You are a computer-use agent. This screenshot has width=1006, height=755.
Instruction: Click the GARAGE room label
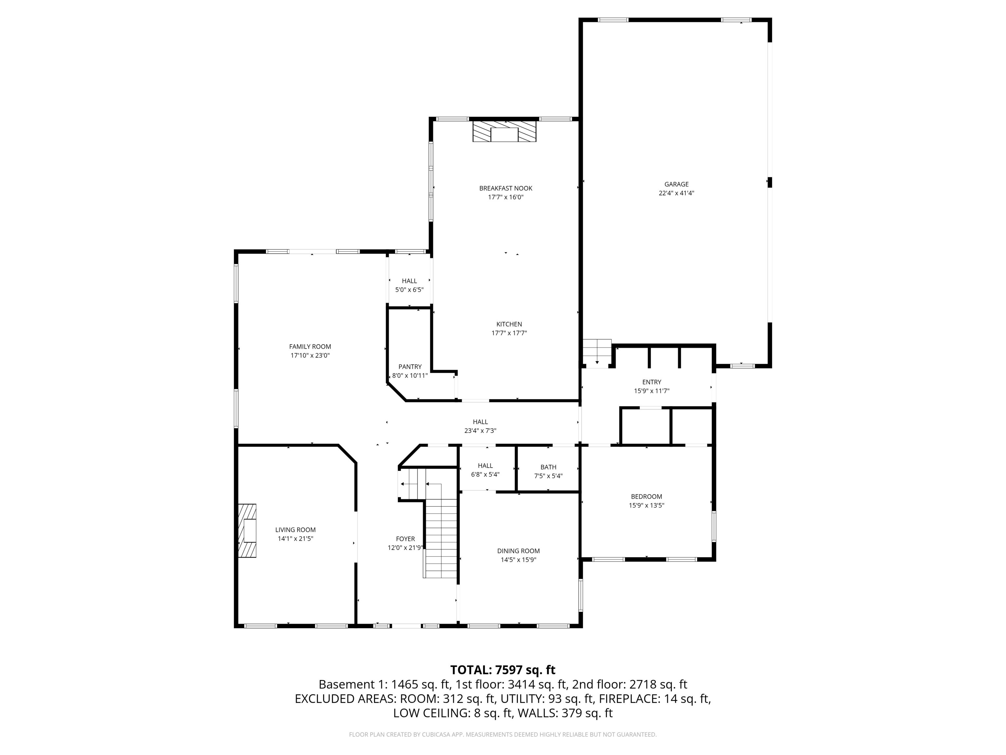tap(676, 184)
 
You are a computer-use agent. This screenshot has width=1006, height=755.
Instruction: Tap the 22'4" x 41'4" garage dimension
tap(676, 193)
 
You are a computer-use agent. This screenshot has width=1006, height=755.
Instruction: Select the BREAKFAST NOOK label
tap(505, 188)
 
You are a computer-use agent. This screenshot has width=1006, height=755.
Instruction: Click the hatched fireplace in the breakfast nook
tap(504, 131)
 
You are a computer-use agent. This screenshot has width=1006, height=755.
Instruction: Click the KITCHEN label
tap(509, 324)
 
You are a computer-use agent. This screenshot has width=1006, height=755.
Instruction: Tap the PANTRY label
tap(410, 367)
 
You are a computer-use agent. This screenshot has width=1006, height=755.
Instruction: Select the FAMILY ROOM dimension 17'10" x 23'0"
tap(310, 356)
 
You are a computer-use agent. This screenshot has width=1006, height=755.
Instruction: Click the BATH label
tap(548, 467)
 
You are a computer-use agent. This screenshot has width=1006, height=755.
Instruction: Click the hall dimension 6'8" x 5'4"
tap(485, 474)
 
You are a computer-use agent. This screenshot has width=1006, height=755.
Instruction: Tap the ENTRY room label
tap(651, 382)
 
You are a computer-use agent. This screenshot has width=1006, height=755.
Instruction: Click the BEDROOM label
tap(646, 496)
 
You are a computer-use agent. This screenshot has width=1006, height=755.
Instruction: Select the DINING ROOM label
tap(518, 551)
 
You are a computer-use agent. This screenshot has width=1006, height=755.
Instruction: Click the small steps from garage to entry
tap(597, 352)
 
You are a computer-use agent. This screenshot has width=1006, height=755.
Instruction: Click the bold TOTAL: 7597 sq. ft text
tap(503, 670)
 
